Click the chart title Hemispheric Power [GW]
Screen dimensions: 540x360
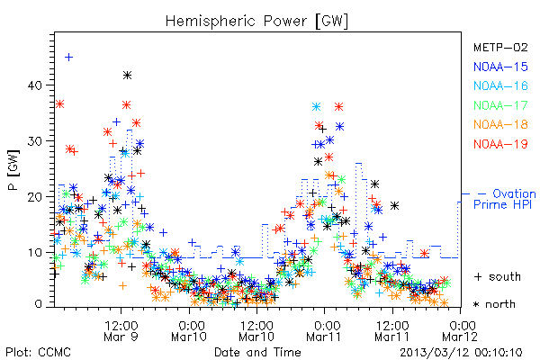[256, 21]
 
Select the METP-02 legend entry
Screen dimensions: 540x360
[500, 47]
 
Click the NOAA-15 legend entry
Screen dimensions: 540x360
[500, 67]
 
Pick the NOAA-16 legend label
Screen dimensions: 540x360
[500, 85]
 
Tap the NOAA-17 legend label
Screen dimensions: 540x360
[500, 105]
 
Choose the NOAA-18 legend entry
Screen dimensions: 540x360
[500, 124]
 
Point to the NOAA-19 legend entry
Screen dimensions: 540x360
[500, 144]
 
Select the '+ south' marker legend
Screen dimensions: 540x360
[498, 276]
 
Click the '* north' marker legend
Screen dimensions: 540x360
[494, 304]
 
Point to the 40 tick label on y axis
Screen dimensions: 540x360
[35, 85]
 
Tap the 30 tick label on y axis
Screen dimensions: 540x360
[35, 141]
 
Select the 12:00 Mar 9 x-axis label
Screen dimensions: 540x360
[121, 330]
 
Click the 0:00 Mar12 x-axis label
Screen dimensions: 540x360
[460, 330]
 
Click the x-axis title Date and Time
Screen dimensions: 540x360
[257, 352]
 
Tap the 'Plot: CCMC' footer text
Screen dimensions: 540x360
[38, 352]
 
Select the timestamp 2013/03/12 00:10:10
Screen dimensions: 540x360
[461, 353]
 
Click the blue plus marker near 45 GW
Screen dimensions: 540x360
[69, 58]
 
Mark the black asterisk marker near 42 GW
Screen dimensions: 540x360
[128, 75]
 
